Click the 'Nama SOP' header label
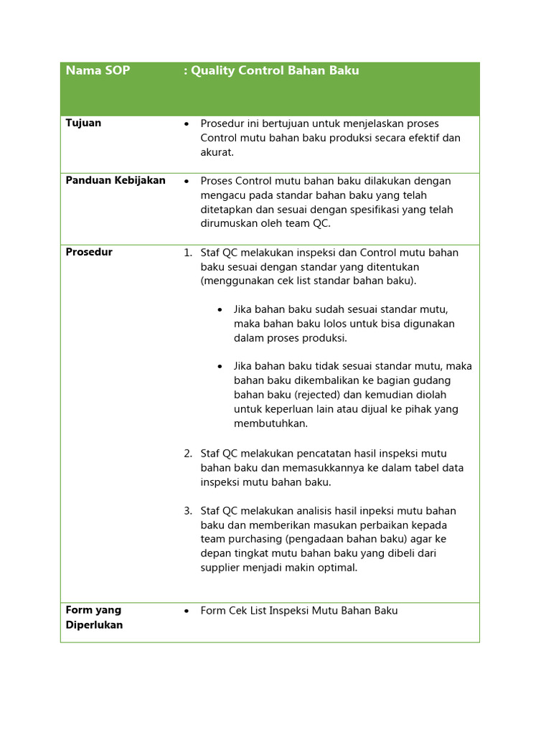pyautogui.click(x=98, y=70)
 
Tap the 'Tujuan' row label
pyautogui.click(x=83, y=123)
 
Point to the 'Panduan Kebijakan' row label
pyautogui.click(x=116, y=180)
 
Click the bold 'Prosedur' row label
pyautogui.click(x=89, y=252)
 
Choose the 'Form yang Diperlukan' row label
pyautogui.click(x=94, y=617)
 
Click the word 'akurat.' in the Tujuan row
pyautogui.click(x=217, y=152)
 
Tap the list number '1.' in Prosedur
pyautogui.click(x=188, y=253)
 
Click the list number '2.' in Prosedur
pyautogui.click(x=188, y=454)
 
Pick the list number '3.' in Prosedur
pyautogui.click(x=188, y=511)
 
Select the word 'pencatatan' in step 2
pyautogui.click(x=327, y=454)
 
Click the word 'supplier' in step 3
pyautogui.click(x=222, y=568)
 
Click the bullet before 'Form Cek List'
pyautogui.click(x=187, y=612)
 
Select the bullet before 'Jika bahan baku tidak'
pyautogui.click(x=220, y=367)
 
